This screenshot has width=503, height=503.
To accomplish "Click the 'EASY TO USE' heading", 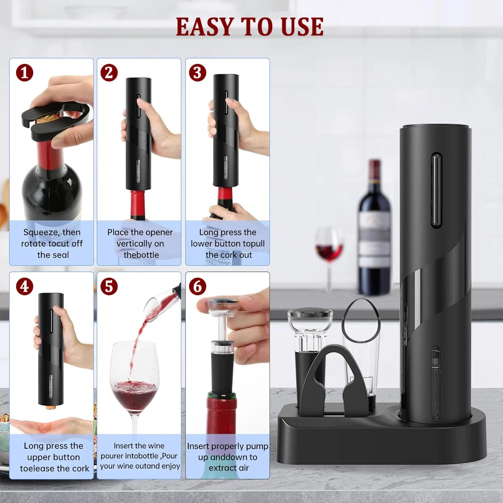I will pyautogui.click(x=249, y=27).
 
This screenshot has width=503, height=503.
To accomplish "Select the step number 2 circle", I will pyautogui.click(x=109, y=73).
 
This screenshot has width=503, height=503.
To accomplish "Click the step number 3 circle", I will pyautogui.click(x=197, y=73).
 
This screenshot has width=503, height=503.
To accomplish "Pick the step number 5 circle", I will pyautogui.click(x=109, y=287).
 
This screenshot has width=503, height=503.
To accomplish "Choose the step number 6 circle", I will pyautogui.click(x=197, y=287).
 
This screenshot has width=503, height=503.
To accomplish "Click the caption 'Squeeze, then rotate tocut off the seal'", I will pyautogui.click(x=52, y=243).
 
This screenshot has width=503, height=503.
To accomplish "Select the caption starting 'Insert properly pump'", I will pyautogui.click(x=228, y=457).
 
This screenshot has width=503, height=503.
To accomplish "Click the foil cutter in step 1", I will pyautogui.click(x=55, y=121).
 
